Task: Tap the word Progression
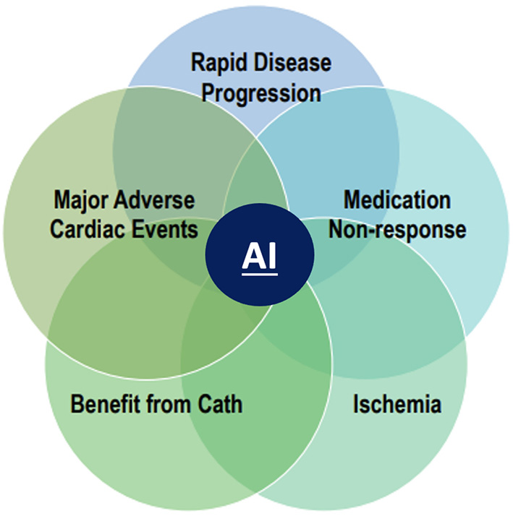(260, 93)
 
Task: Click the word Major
(82, 199)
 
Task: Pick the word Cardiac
(93, 229)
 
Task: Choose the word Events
(168, 229)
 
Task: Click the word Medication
(397, 199)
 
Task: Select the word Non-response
(397, 229)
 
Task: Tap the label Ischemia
(397, 403)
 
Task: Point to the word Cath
(220, 403)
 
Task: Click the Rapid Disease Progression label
(260, 77)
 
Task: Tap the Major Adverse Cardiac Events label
(124, 214)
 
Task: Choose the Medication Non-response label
(397, 214)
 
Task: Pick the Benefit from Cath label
(156, 403)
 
